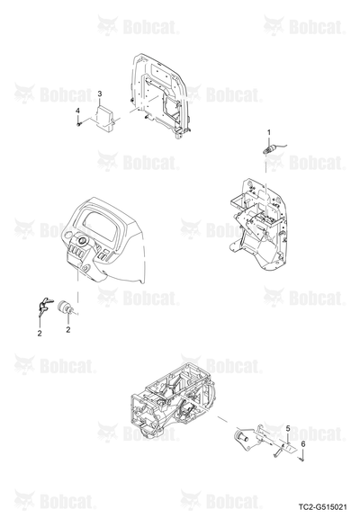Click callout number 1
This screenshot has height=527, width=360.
pyautogui.click(x=268, y=132)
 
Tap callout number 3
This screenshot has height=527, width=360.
pyautogui.click(x=100, y=94)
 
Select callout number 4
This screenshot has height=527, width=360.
pyautogui.click(x=77, y=111)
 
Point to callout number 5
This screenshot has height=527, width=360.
pyautogui.click(x=288, y=428)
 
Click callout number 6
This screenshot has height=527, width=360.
pyautogui.click(x=302, y=444)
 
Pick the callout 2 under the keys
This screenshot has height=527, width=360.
pyautogui.click(x=40, y=334)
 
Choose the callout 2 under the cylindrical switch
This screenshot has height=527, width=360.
pyautogui.click(x=68, y=330)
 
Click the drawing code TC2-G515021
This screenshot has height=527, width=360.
pyautogui.click(x=322, y=506)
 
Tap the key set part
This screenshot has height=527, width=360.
pyautogui.click(x=44, y=307)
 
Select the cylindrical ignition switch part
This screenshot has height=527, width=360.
pyautogui.click(x=66, y=308)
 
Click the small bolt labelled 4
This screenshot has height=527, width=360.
pyautogui.click(x=78, y=124)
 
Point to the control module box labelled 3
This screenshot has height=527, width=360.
pyautogui.click(x=105, y=117)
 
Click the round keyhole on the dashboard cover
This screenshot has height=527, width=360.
pyautogui.click(x=81, y=240)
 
